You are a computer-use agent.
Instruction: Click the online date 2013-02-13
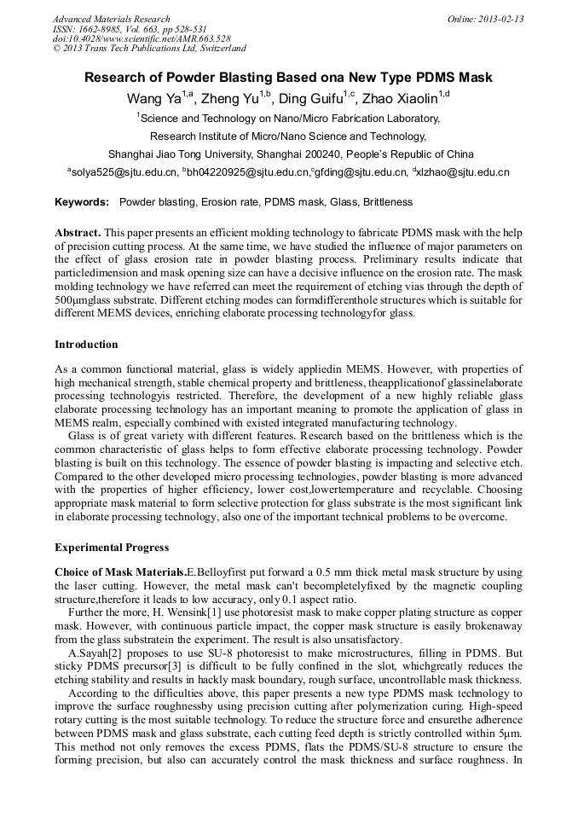pyautogui.click(x=501, y=19)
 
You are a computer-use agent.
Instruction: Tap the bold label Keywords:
pyautogui.click(x=82, y=203)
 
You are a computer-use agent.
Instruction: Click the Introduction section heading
pyautogui.click(x=86, y=345)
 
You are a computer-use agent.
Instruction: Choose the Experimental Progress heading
pyautogui.click(x=112, y=547)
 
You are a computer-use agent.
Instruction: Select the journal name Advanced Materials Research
pyautogui.click(x=112, y=19)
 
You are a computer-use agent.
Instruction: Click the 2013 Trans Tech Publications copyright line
pyautogui.click(x=149, y=49)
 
